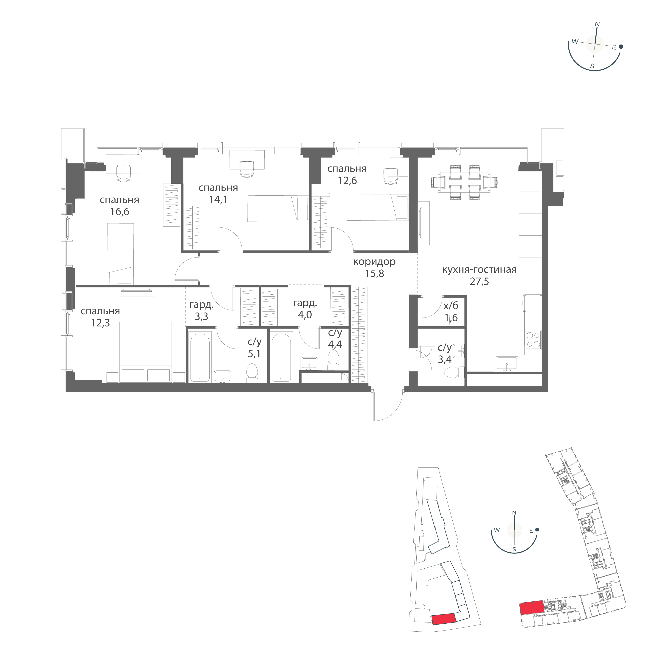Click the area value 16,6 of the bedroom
119,212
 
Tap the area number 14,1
218,200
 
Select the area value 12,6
347,181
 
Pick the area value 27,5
479,281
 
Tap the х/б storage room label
451,305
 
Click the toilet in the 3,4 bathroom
453,373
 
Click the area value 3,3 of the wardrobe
201,317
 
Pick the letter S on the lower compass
514,559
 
